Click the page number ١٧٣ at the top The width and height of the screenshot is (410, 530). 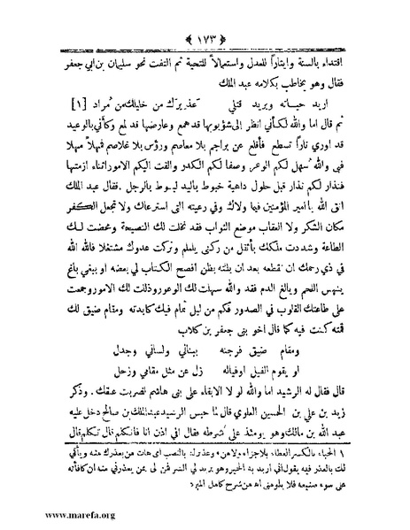coord(204,15)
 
